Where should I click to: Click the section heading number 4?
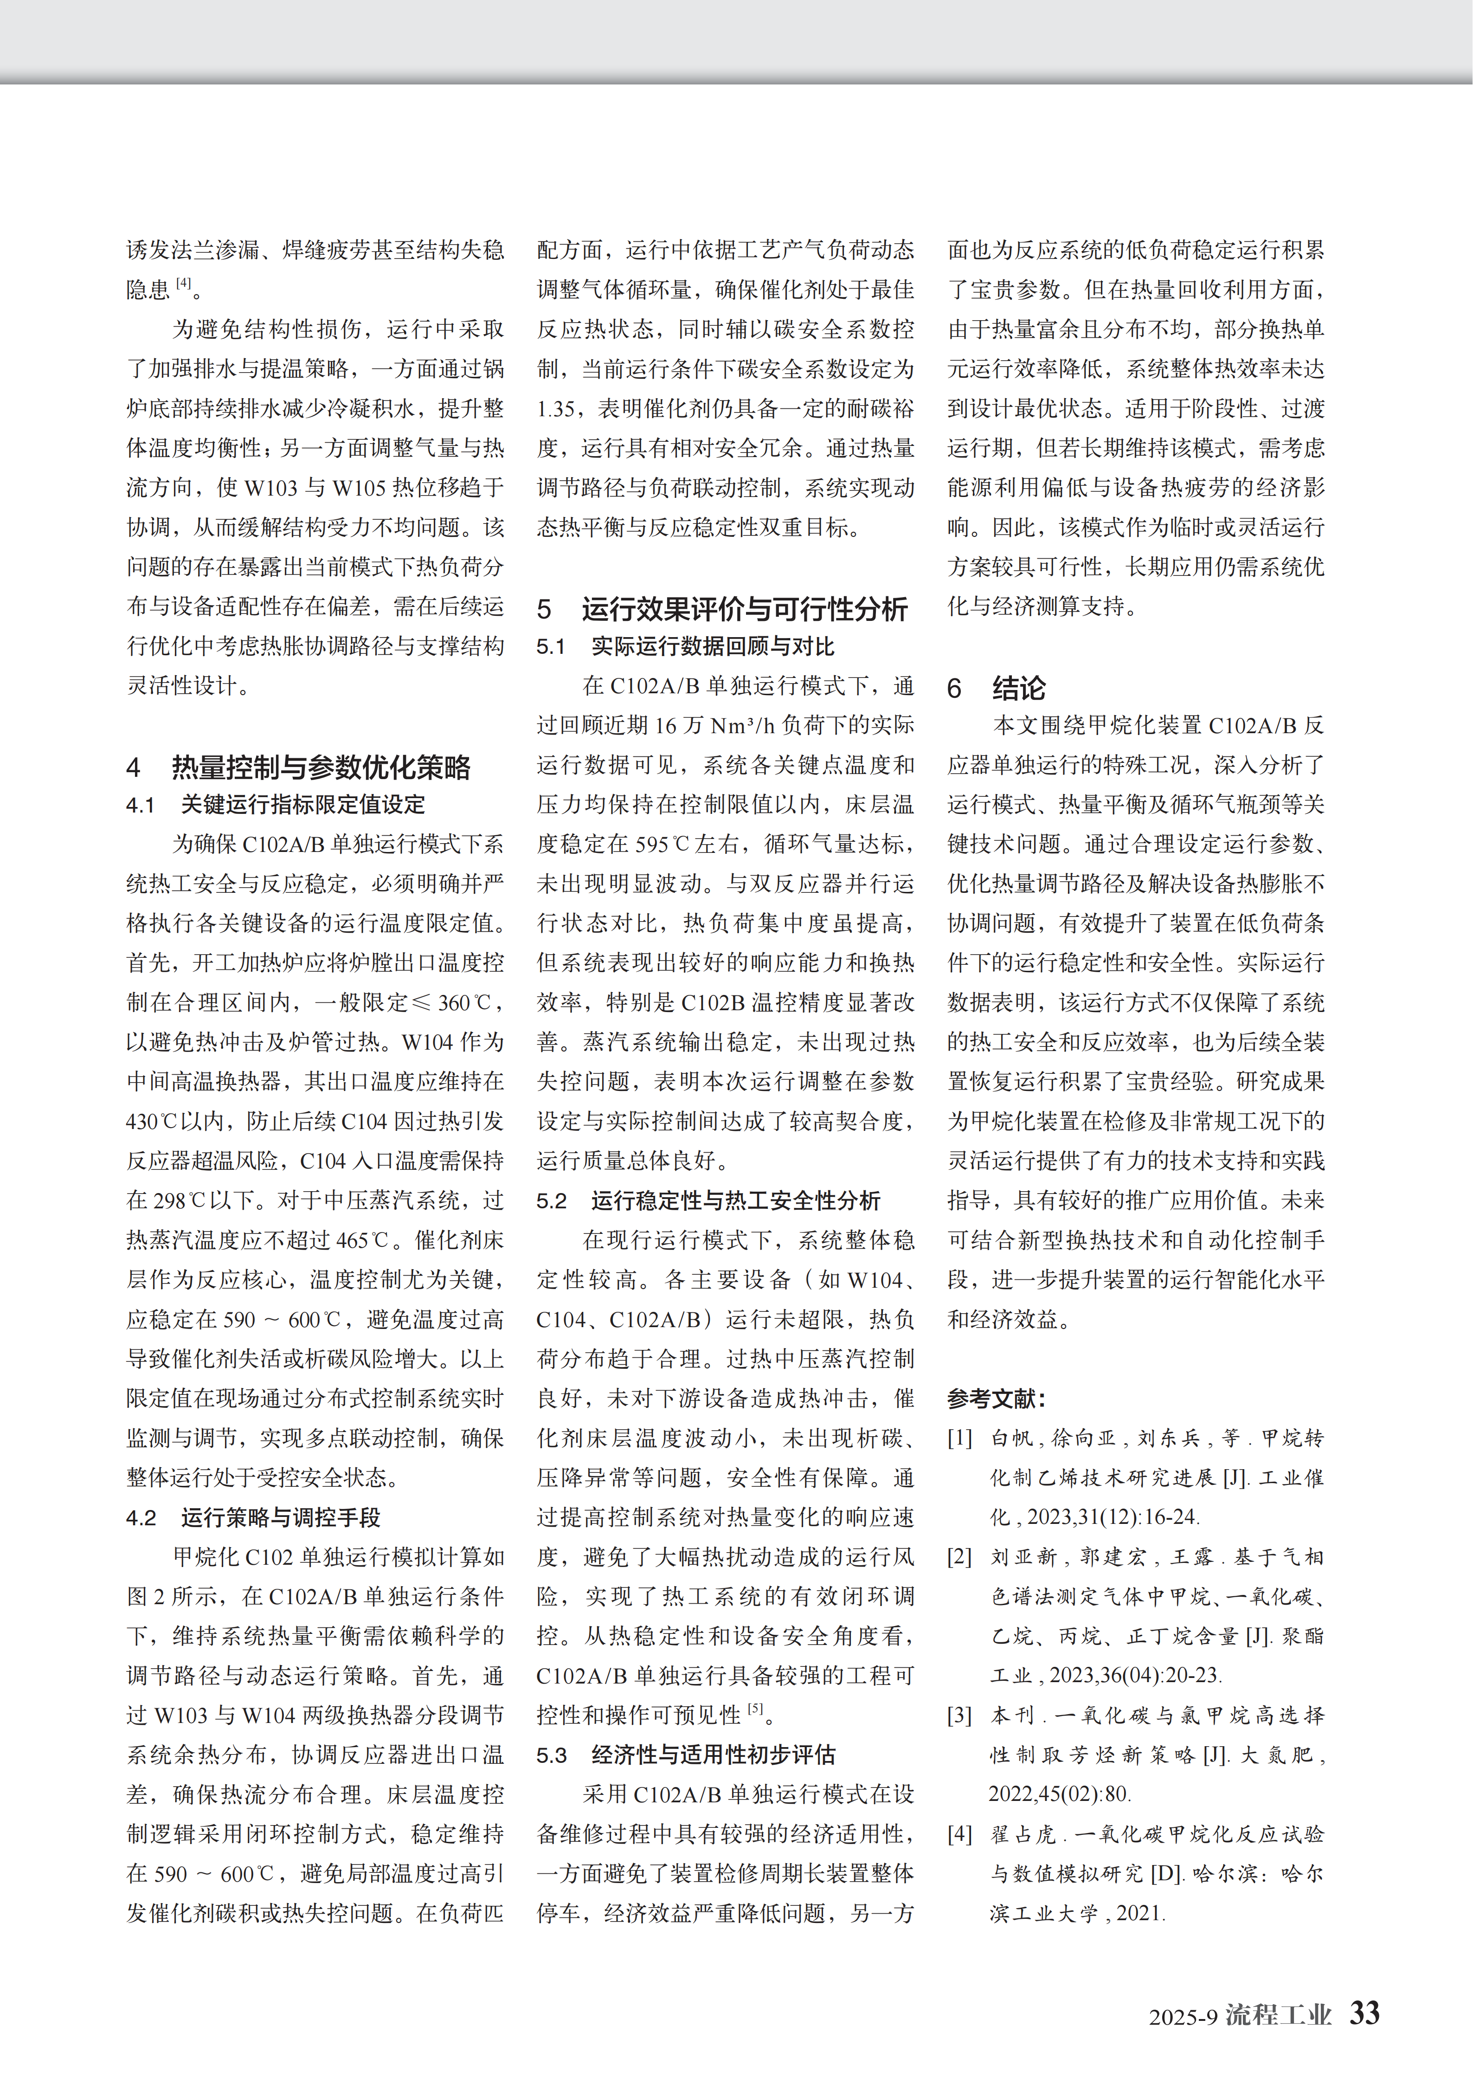[x=134, y=768]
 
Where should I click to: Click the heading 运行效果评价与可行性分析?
[x=744, y=609]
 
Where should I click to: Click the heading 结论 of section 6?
[x=1018, y=688]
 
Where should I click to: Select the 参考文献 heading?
[x=996, y=1399]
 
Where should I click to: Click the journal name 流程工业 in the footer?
[x=1278, y=2014]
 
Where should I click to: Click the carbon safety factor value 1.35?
[x=555, y=408]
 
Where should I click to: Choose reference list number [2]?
[x=959, y=1557]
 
